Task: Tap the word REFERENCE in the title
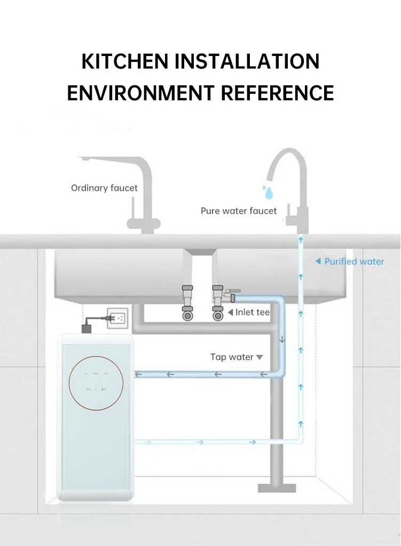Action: [x=277, y=92]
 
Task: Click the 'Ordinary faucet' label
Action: [x=104, y=188]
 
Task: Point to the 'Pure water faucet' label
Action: [x=239, y=211]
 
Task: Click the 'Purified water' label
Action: [x=354, y=261]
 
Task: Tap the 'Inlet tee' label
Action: [x=253, y=312]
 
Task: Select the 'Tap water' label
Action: [x=232, y=357]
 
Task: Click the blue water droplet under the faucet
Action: [x=266, y=190]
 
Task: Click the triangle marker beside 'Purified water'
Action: [x=318, y=261]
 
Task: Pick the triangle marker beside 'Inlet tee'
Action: [x=230, y=312]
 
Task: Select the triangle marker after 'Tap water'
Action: [x=260, y=357]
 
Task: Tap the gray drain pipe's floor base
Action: [x=277, y=487]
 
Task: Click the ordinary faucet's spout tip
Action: [x=84, y=159]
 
